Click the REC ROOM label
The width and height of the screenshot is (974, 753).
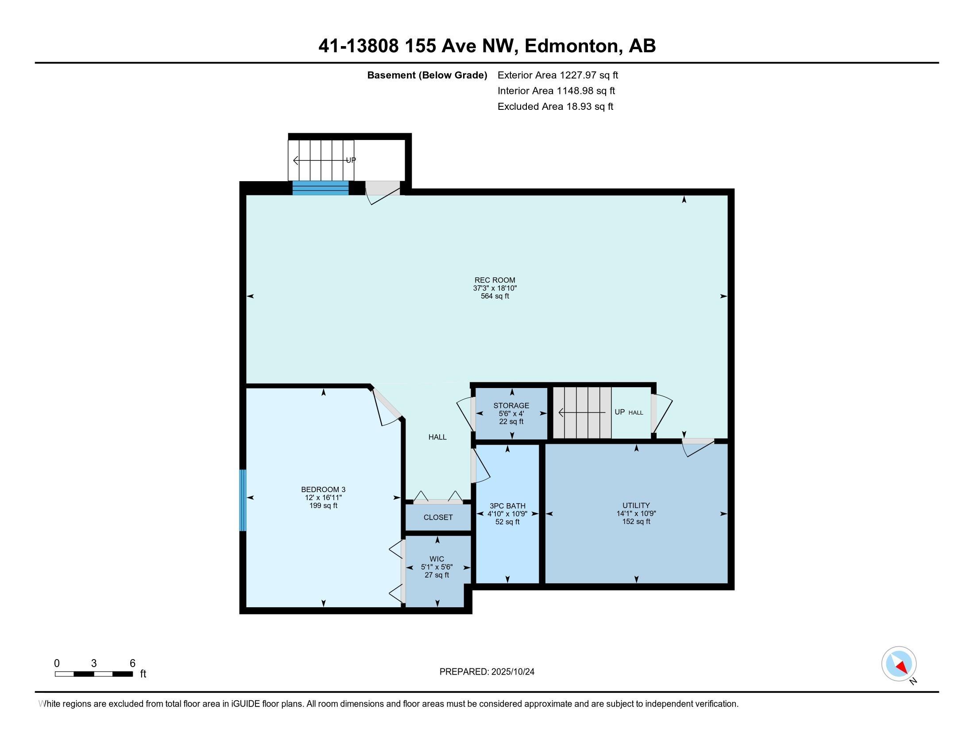(495, 280)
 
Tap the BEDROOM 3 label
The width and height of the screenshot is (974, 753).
(323, 489)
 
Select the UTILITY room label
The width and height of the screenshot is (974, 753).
(636, 505)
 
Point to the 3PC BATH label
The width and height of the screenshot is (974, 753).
(507, 506)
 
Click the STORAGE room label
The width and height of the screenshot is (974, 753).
(511, 405)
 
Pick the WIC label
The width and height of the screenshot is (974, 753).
(437, 559)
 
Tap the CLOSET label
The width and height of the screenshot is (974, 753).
(438, 517)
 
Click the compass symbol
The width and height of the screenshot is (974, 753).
(899, 664)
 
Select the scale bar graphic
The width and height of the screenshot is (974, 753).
(94, 674)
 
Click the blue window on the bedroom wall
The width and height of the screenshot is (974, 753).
(243, 500)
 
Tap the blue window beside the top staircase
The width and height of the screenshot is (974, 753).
(320, 188)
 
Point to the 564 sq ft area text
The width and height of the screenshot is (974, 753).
(495, 296)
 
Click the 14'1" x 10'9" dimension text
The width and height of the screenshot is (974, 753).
(636, 513)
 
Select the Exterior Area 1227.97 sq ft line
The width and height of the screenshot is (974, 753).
(558, 75)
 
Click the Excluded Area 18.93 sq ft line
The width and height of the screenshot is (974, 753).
(555, 107)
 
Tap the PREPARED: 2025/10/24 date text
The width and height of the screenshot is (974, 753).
(487, 672)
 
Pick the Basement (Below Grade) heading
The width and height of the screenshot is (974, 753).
(427, 75)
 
